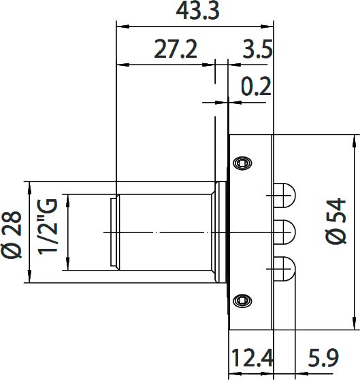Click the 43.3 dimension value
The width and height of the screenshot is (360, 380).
[x=195, y=12]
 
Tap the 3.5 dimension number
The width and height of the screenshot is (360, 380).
[x=257, y=50]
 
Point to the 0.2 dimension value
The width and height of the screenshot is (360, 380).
[x=257, y=87]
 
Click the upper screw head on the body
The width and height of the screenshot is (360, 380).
[x=242, y=163]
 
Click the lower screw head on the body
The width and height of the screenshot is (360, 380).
[x=242, y=300]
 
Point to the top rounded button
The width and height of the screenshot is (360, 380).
[x=284, y=196]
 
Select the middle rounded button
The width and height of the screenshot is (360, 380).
[x=284, y=232]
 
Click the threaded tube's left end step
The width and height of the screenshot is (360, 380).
[x=114, y=232]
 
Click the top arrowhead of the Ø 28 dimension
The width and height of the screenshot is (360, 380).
[x=29, y=186]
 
